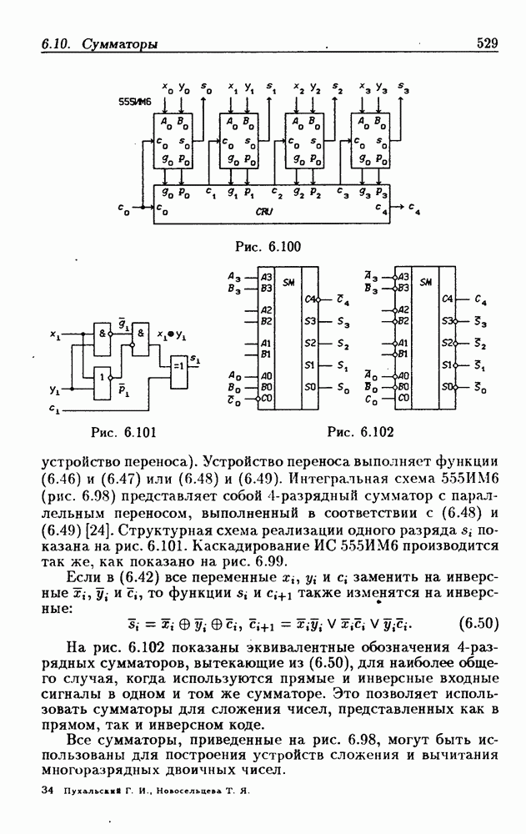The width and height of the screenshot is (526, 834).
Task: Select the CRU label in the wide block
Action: [266, 212]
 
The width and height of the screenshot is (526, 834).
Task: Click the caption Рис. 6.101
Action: [123, 431]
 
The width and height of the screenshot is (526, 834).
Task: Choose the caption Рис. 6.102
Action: [361, 431]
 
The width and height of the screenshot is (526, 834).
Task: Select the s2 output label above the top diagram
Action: [338, 88]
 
